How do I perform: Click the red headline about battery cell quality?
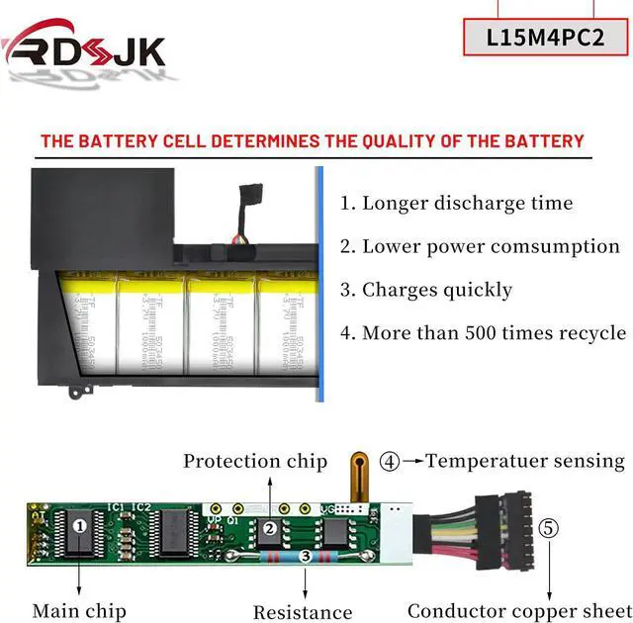point(313,141)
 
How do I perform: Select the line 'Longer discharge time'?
point(457,204)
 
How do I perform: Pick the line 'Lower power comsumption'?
point(480,247)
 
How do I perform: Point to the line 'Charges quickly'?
point(426,290)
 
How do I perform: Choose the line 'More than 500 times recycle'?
point(483,333)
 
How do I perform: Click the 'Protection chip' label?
point(255,461)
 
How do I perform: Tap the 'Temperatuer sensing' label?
point(525,461)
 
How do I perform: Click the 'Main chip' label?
point(79,611)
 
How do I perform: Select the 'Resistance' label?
point(303,613)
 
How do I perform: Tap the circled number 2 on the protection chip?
point(269,529)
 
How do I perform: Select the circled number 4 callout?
point(391,461)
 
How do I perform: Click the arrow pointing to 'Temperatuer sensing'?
point(412,461)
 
